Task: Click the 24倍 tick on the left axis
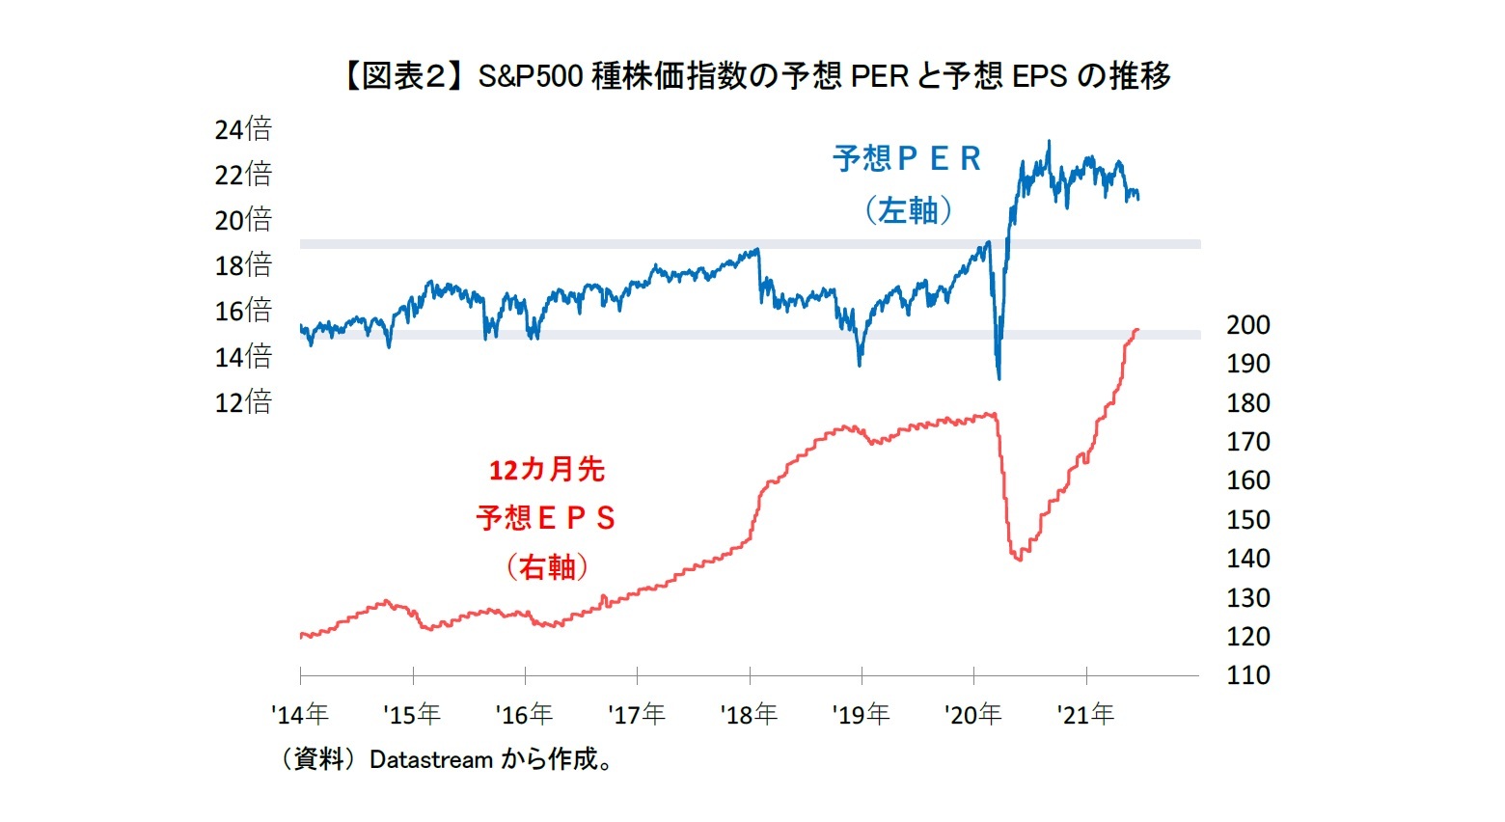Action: (x=243, y=128)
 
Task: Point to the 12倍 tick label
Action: (x=243, y=401)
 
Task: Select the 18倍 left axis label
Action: (x=243, y=264)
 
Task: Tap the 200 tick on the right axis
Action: (x=1247, y=325)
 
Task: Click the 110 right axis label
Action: (x=1247, y=675)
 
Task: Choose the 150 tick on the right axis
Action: (x=1247, y=520)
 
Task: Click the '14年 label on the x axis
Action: (x=300, y=715)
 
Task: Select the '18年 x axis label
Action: (x=749, y=715)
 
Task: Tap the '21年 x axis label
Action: (x=1085, y=715)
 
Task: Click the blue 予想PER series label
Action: (x=906, y=159)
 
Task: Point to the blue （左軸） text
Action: (x=907, y=209)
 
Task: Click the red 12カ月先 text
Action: (x=546, y=470)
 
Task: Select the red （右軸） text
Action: (x=547, y=566)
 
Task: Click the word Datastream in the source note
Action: (x=431, y=760)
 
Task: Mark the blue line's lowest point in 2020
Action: (x=999, y=378)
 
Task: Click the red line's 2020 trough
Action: (x=1020, y=560)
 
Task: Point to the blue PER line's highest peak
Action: (x=1050, y=142)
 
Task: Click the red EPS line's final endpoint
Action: (x=1137, y=330)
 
